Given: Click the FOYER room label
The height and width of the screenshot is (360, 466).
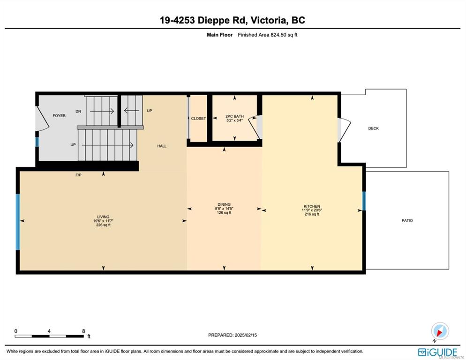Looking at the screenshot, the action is tap(59, 116).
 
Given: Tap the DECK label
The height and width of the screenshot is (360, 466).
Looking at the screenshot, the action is tap(373, 128).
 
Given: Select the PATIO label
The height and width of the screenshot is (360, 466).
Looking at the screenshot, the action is tap(407, 221).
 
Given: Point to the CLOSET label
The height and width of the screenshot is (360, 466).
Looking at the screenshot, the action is tap(198, 118).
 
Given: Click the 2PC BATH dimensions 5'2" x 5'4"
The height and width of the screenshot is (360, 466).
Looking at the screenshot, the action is tap(234, 120).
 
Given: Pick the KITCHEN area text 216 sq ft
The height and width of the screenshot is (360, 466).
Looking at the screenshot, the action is tap(312, 214).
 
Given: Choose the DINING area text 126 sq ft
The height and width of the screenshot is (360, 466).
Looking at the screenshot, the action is tap(224, 212).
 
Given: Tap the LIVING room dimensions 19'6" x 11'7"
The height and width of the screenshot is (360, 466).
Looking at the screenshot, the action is tap(103, 221).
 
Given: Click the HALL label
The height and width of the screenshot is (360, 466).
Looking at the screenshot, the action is tap(162, 146).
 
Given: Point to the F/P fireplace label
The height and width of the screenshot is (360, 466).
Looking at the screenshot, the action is tap(78, 175).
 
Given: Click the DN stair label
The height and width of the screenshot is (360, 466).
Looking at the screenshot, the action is tap(78, 112).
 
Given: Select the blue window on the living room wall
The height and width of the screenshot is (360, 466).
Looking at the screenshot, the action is tap(18, 222).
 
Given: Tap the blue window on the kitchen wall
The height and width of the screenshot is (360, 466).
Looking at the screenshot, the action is tap(364, 201).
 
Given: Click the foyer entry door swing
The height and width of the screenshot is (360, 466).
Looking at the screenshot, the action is tap(42, 119).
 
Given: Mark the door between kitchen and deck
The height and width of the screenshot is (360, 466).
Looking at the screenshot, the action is tap(344, 130).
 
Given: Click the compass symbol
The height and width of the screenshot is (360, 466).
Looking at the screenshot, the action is tap(440, 331).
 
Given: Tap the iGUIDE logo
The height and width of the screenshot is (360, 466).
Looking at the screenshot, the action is tap(437, 352).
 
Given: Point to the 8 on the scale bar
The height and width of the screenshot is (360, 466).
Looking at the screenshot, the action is tap(83, 331).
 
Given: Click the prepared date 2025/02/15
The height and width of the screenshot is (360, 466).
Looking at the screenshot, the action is tap(246, 335).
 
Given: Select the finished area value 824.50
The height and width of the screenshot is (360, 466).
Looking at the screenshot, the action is tap(278, 35).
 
